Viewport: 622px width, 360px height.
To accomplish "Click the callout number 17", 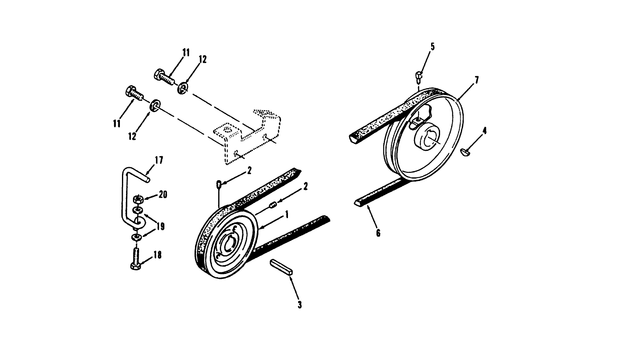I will pyautogui.click(x=159, y=160).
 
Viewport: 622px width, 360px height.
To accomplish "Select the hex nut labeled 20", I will pyautogui.click(x=138, y=199).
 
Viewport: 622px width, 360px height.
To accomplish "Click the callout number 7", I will pyautogui.click(x=476, y=80).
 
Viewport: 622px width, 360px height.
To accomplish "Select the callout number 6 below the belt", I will pyautogui.click(x=378, y=233).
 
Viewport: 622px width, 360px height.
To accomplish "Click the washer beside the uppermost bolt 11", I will pyautogui.click(x=182, y=88).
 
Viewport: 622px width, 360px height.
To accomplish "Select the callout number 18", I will pyautogui.click(x=157, y=255).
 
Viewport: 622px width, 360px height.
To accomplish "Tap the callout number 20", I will pyautogui.click(x=163, y=195).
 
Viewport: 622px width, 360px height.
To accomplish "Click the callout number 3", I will pyautogui.click(x=299, y=305).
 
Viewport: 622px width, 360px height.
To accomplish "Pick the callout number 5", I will pyautogui.click(x=432, y=46).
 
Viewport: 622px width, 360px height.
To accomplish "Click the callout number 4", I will pyautogui.click(x=484, y=131).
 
